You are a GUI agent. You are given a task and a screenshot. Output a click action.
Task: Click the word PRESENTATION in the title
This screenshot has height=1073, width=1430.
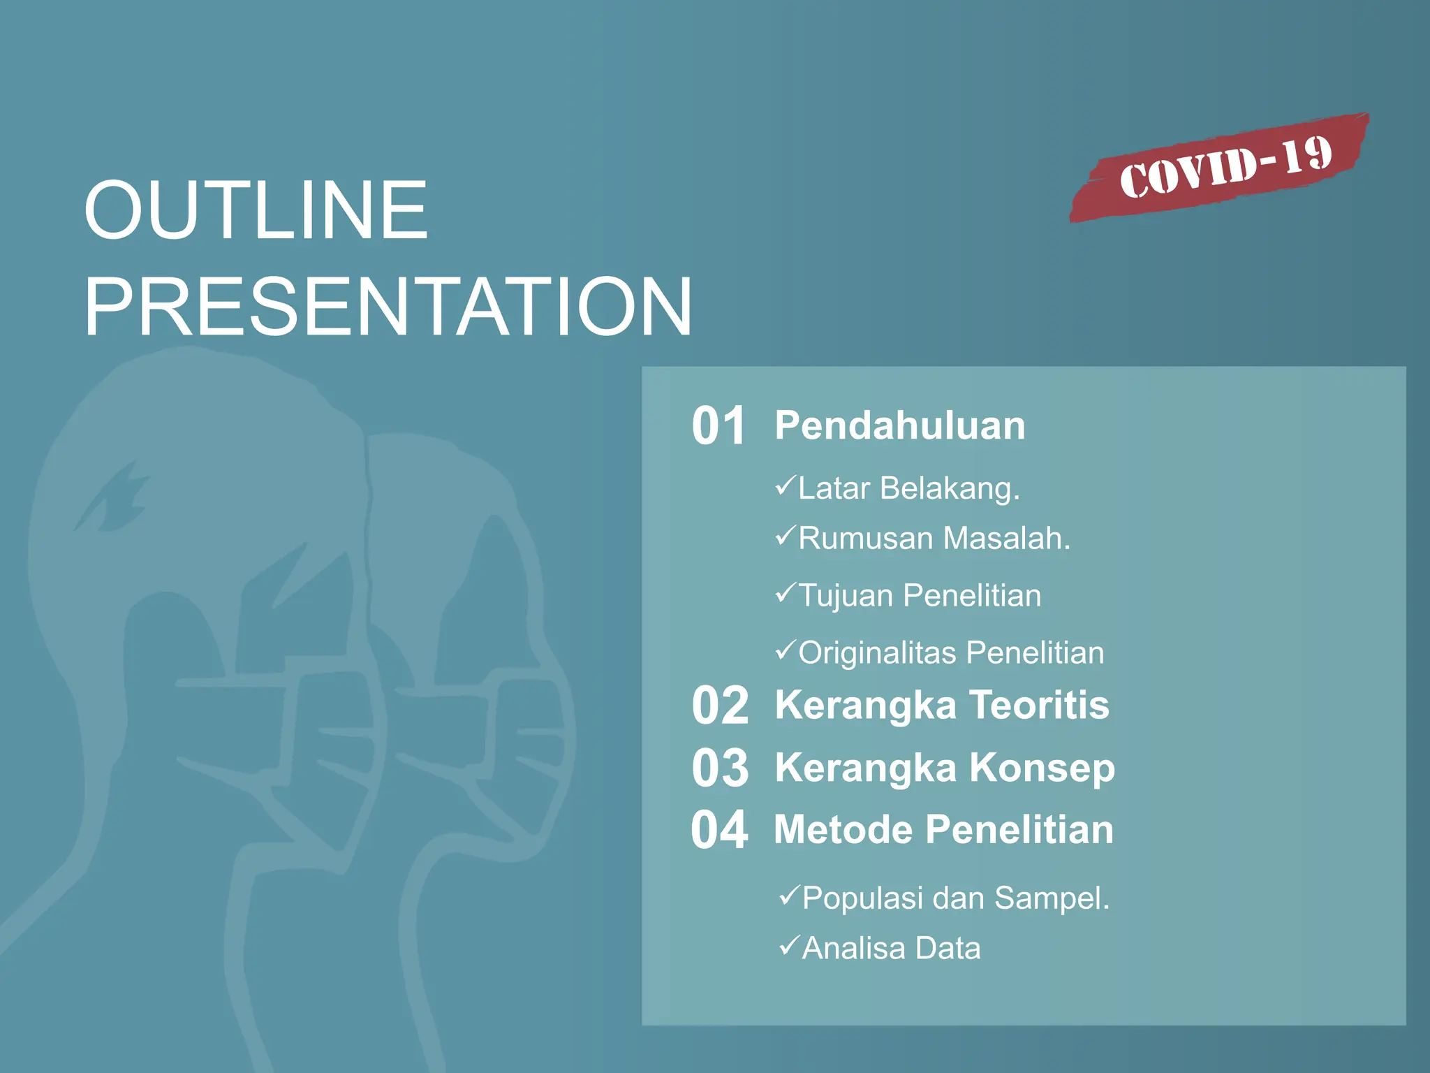tap(388, 307)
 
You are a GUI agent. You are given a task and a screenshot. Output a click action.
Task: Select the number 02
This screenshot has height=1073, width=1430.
tap(720, 705)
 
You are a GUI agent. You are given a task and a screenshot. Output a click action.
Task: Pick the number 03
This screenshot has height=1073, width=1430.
tap(720, 768)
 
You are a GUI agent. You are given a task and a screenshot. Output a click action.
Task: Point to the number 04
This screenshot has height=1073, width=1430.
tap(719, 830)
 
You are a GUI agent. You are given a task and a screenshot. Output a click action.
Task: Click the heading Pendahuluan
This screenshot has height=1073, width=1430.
tap(900, 425)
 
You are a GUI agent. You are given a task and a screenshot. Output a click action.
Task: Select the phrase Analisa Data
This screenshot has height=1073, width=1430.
tap(891, 949)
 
